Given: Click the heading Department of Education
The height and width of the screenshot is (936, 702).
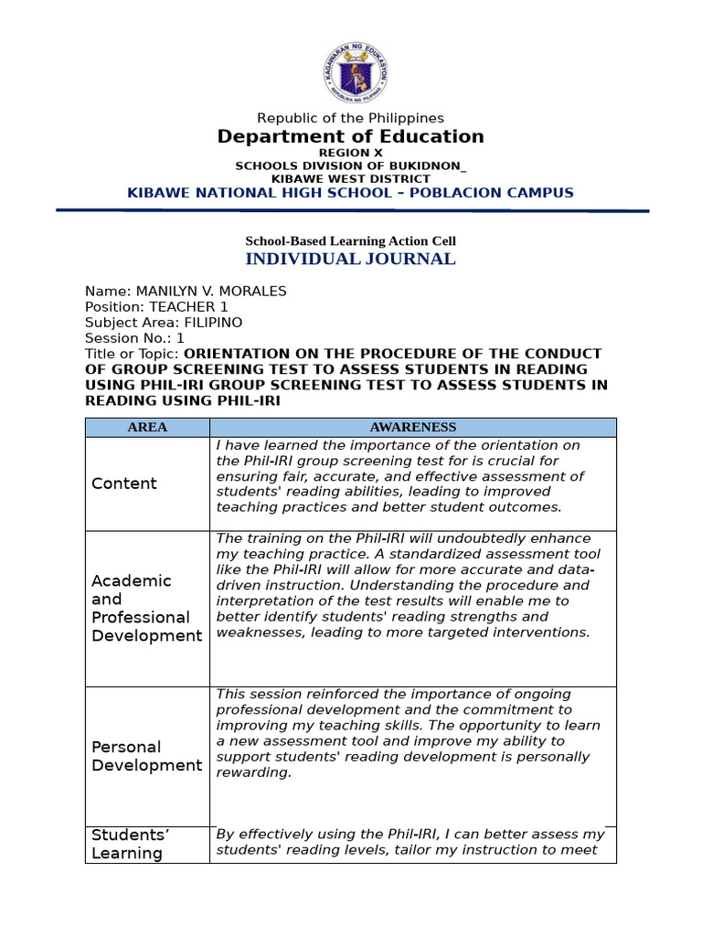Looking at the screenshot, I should click(351, 137).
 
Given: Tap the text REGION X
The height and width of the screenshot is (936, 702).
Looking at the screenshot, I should click(351, 153).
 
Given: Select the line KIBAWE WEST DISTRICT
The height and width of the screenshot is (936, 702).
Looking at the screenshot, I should click(351, 178).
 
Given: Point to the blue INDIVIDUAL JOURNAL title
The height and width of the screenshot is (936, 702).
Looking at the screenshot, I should click(351, 259).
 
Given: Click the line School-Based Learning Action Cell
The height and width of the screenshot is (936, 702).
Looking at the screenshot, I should click(351, 241).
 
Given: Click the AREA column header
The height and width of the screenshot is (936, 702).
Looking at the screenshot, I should click(147, 427).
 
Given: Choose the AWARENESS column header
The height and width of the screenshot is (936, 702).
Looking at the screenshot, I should click(413, 427).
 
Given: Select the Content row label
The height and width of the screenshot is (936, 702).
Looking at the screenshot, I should click(124, 484).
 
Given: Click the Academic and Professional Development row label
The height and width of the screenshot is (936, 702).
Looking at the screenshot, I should click(146, 608).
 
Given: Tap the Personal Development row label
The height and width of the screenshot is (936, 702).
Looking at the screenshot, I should click(146, 756).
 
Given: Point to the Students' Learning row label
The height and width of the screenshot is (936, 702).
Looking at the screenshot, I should click(131, 844).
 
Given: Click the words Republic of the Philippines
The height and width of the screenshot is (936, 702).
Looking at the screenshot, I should click(351, 118).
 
